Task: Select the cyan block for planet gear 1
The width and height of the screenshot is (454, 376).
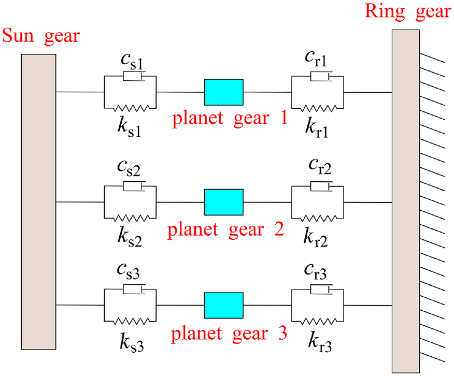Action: tap(224, 92)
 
